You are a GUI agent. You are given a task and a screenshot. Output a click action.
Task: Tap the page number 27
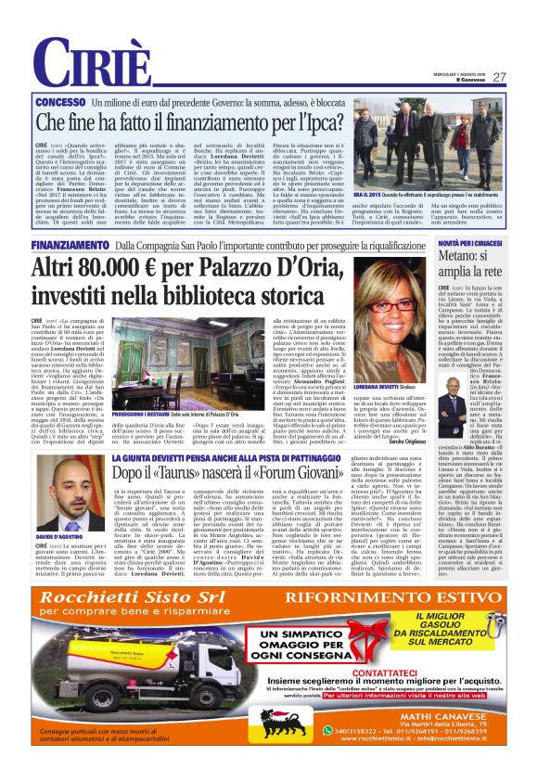click(499, 77)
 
